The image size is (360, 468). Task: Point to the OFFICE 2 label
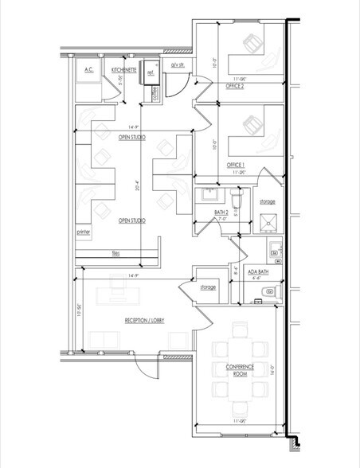pos(235,86)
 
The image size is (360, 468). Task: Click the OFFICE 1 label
pos(235,165)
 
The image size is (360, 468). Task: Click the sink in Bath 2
pos(209,194)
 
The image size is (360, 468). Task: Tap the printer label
pos(83,233)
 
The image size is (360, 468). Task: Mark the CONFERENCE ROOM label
pos(239,369)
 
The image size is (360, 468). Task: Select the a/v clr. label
pos(178,65)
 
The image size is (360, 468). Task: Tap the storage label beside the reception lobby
pos(209,287)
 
